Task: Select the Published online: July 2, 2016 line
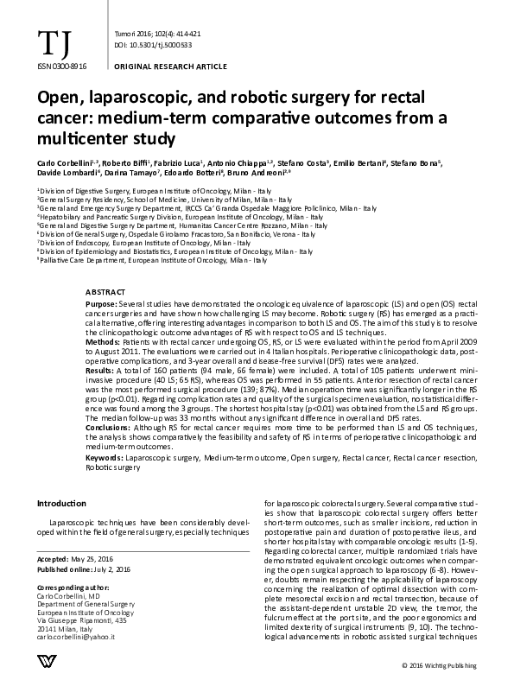pos(86,568)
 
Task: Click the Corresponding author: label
pos(73,586)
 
